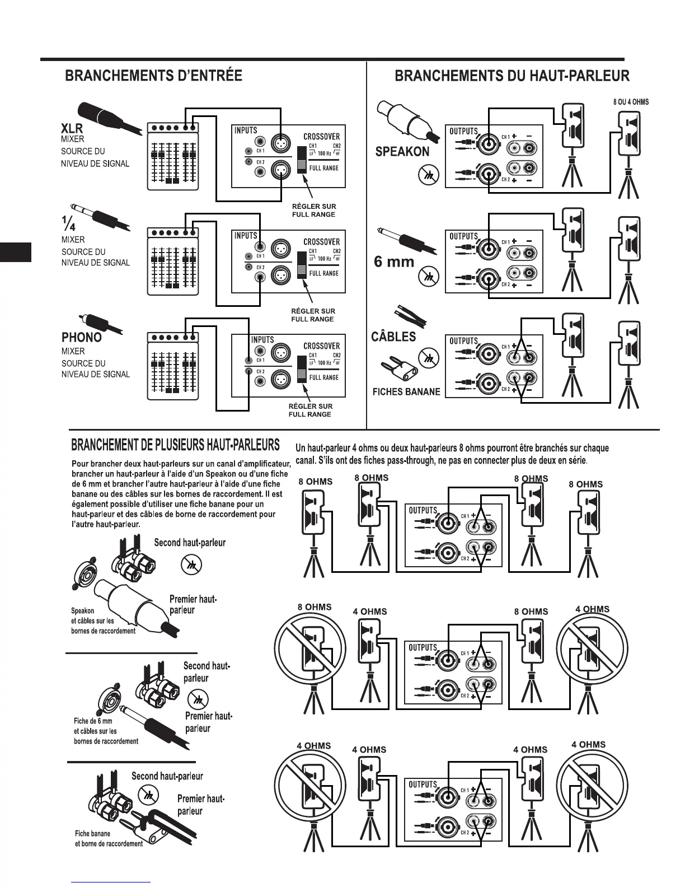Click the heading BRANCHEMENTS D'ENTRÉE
[x=153, y=76]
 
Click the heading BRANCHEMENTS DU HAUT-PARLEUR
[x=512, y=76]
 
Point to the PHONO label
[x=82, y=337]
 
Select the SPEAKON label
[x=402, y=151]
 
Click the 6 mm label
[x=394, y=262]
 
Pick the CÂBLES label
[x=393, y=337]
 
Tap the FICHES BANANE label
[x=406, y=391]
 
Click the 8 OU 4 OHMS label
[x=631, y=102]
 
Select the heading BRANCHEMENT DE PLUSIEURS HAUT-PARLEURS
[x=175, y=445]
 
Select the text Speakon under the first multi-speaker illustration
[x=82, y=610]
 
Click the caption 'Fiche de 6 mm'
[x=93, y=721]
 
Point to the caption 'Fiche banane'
[x=92, y=833]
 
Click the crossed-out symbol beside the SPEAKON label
[x=425, y=176]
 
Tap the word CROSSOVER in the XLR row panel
[x=321, y=136]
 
